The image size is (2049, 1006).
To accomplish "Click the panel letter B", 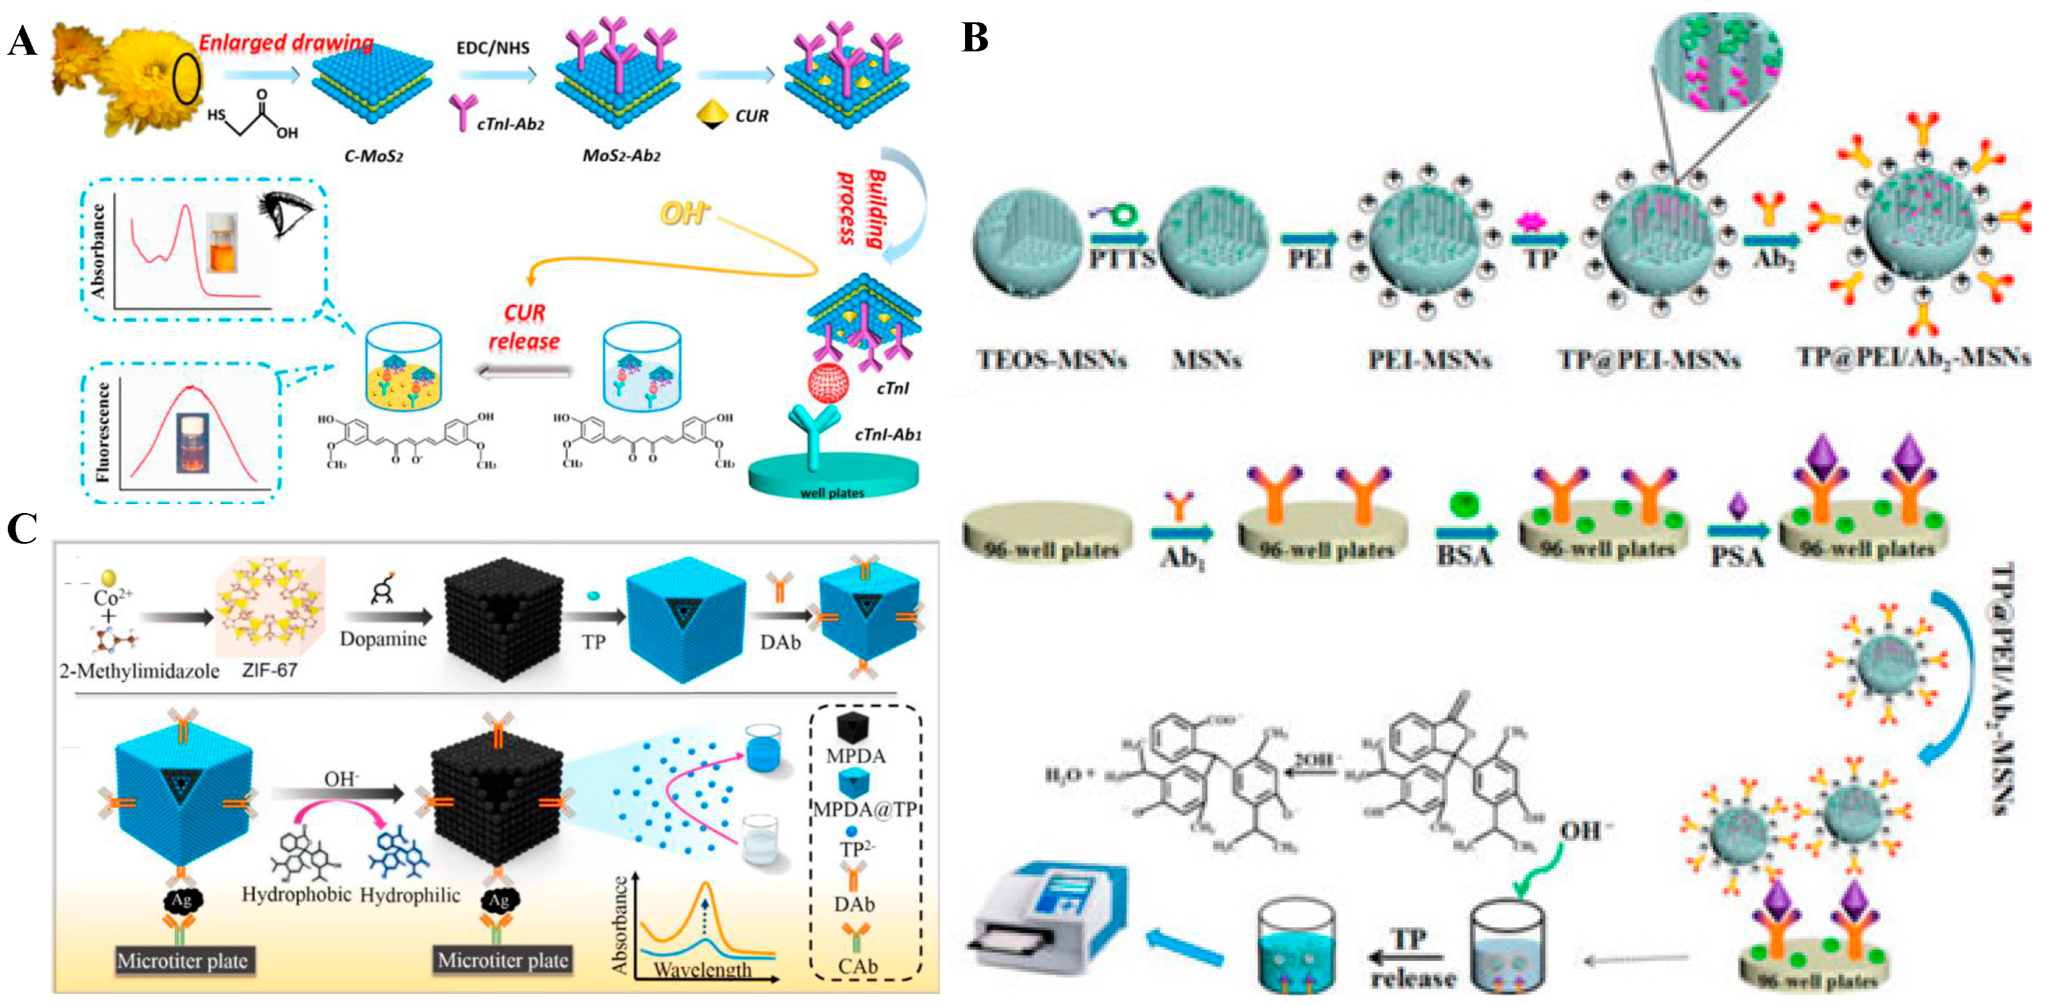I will tap(975, 37).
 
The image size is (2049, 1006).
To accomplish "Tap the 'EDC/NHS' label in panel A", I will tap(493, 47).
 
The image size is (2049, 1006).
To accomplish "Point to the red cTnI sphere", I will tap(829, 384).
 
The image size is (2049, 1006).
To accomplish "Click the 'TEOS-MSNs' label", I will tap(1052, 360).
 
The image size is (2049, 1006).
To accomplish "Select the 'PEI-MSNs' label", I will tap(1429, 360).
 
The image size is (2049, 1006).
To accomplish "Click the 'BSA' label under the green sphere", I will tap(1464, 555).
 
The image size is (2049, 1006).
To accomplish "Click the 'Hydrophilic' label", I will tap(410, 895).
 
